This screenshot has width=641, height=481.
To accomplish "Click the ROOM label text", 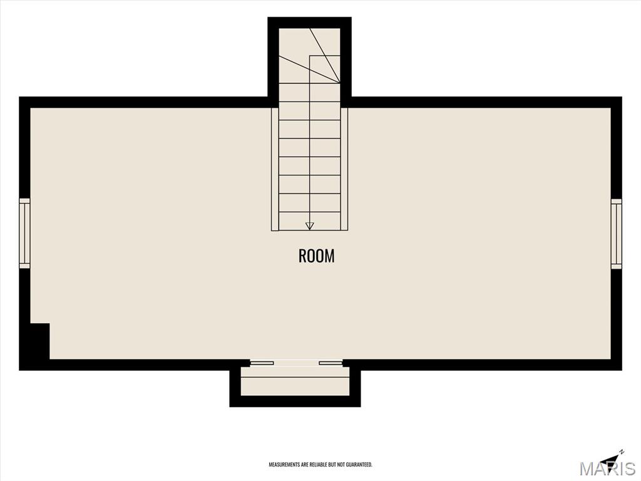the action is point(316,256).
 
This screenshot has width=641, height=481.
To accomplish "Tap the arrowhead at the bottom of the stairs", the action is point(309,225).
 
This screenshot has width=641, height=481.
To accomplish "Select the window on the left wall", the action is point(24,234).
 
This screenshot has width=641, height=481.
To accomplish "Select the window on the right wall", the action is point(616,234).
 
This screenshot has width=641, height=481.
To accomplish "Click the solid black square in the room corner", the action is point(39,341).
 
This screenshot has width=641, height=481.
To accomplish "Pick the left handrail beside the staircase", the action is point(275,169).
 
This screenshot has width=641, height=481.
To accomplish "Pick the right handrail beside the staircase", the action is point(344,169).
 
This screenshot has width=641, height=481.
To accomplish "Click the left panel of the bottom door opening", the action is point(262,363).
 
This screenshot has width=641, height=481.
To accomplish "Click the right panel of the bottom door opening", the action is point(331,363).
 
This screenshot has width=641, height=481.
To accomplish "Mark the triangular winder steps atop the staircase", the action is point(309,56).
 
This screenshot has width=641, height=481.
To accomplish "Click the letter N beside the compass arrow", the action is point(622,452).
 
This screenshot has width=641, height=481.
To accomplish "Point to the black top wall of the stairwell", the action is point(309,23).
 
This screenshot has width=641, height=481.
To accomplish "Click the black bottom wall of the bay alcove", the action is point(295,401).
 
